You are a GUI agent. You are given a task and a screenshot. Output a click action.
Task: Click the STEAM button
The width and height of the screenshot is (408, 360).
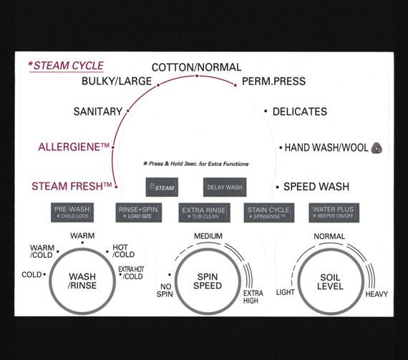162,187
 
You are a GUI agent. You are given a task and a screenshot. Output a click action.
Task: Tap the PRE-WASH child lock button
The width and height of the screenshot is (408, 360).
72,213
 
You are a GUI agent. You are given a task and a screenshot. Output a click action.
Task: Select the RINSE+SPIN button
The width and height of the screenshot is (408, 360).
138,213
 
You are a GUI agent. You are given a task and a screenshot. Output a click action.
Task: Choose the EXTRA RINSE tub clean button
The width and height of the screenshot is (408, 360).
204,213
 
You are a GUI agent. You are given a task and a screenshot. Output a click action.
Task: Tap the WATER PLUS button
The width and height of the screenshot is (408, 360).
334,213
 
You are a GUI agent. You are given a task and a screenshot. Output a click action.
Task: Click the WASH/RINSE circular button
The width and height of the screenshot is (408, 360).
82,281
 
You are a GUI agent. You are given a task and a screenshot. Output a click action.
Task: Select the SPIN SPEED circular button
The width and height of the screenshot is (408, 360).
208,281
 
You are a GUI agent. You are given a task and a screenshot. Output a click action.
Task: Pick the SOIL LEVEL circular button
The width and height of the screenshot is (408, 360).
330,282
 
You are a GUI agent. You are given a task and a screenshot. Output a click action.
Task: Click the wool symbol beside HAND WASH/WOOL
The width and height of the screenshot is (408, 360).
377,148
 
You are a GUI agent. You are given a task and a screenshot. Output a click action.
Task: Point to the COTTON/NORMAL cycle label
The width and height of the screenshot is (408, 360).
196,67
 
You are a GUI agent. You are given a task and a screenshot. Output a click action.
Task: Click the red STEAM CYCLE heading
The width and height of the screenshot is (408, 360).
66,66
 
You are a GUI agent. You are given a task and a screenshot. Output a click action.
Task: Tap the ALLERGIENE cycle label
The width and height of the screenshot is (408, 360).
74,147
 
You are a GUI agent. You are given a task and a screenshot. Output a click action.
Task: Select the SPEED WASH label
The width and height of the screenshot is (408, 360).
316,187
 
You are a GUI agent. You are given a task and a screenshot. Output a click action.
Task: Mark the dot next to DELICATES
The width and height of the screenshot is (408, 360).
266,111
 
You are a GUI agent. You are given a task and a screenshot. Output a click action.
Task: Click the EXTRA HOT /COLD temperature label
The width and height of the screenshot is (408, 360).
131,273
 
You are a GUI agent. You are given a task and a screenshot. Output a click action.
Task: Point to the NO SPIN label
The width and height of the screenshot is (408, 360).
165,291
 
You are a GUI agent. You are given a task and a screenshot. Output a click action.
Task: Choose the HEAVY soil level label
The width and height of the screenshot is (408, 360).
377,294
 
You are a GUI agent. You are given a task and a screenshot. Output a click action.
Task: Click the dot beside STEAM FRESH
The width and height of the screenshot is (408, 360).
116,187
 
